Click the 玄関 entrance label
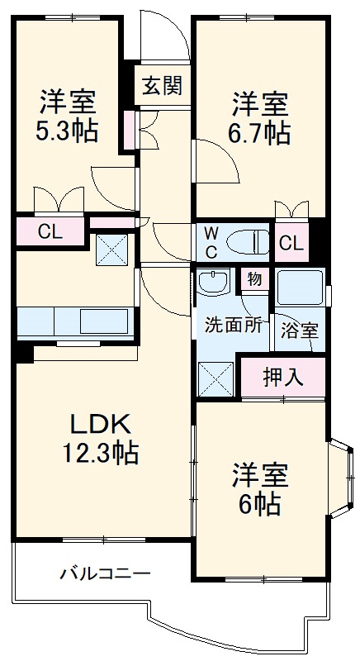pyautogui.click(x=161, y=85)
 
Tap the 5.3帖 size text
pyautogui.click(x=68, y=131)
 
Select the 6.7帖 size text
pyautogui.click(x=259, y=131)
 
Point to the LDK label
pyautogui.click(x=99, y=426)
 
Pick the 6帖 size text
pyautogui.click(x=259, y=503)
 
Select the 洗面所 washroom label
pyautogui.click(x=234, y=325)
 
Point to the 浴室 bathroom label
pyautogui.click(x=299, y=331)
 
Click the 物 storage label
pyautogui.click(x=254, y=279)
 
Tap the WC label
pyautogui.click(x=211, y=241)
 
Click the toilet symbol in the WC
pyautogui.click(x=250, y=241)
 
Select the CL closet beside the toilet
pyautogui.click(x=290, y=243)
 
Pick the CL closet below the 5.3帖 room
pyautogui.click(x=50, y=232)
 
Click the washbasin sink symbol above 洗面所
pyautogui.click(x=215, y=283)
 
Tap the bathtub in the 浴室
pyautogui.click(x=301, y=290)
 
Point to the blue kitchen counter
pyautogui.click(x=74, y=319)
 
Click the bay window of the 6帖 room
pyautogui.click(x=339, y=479)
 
